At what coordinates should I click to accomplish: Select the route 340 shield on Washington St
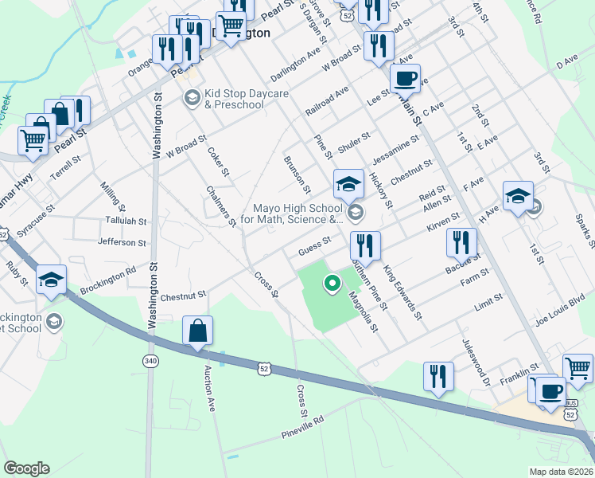point(150,362)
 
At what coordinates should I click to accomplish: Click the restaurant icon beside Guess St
point(365,245)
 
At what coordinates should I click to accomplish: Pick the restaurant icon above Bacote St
point(461,242)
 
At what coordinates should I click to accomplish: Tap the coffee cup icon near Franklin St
point(551,391)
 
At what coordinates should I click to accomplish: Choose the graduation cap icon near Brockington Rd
point(51,280)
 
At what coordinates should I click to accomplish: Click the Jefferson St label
point(122,241)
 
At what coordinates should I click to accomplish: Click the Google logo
point(26,468)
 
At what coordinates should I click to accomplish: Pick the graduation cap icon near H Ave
point(517,196)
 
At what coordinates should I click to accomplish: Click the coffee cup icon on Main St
point(405,78)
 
